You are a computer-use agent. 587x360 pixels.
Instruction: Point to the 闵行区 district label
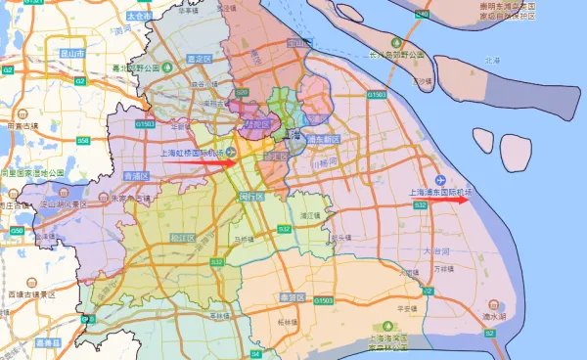coord(252,196)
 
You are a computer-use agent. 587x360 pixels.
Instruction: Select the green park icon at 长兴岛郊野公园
coord(396,44)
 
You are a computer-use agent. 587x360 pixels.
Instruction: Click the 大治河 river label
coord(433,251)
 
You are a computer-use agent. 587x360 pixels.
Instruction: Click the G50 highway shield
coord(18,230)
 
